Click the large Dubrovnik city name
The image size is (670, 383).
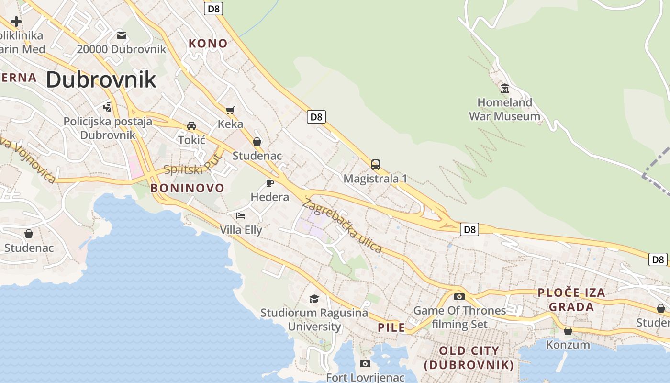click(x=101, y=79)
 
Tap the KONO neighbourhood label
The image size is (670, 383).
click(x=208, y=44)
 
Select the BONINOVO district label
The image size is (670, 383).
click(x=187, y=188)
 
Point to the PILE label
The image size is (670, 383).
click(x=391, y=328)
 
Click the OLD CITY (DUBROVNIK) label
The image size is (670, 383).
click(x=469, y=358)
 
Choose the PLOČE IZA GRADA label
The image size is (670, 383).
click(x=571, y=300)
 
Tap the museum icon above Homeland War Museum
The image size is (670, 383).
click(x=504, y=88)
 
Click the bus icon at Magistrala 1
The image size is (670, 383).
click(x=376, y=165)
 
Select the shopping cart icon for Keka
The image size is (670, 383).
click(x=230, y=111)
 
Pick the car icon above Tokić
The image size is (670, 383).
click(x=191, y=126)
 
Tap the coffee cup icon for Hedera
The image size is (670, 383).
click(x=270, y=183)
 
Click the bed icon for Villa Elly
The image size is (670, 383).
click(x=241, y=216)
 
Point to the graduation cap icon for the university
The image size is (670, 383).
click(x=314, y=299)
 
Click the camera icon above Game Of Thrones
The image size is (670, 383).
click(x=459, y=296)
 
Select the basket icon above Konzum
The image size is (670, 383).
click(x=568, y=331)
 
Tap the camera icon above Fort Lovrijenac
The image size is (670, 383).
click(x=365, y=364)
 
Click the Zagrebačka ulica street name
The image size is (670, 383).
click(x=343, y=225)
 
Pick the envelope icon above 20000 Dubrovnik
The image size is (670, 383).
click(x=122, y=35)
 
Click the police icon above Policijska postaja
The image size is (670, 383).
click(x=108, y=107)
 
